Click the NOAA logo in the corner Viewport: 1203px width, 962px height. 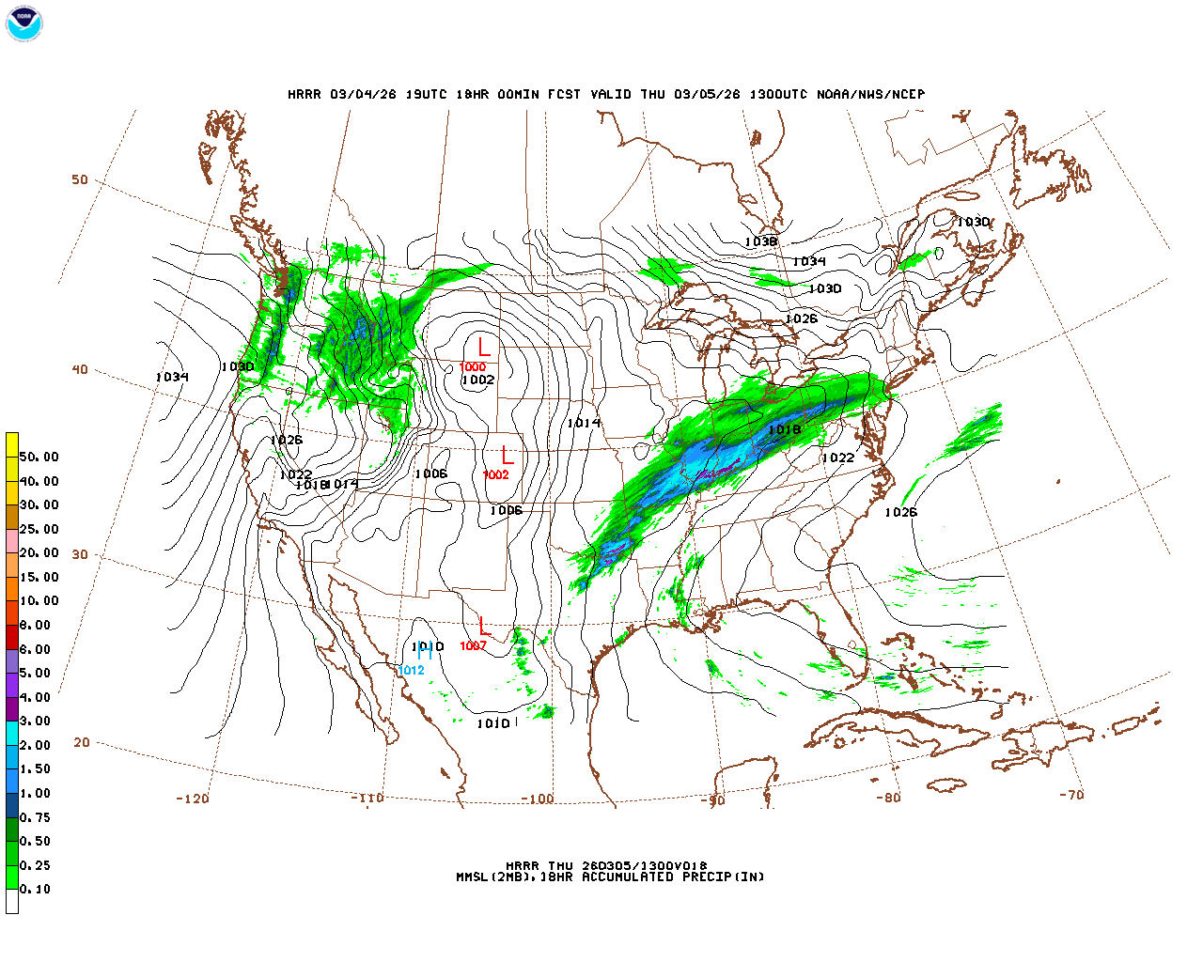(23, 23)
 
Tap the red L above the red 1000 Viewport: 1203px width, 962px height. (484, 348)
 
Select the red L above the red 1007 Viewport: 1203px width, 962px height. (485, 626)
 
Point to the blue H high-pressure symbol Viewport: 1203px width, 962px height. (425, 653)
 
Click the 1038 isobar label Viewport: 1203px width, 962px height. (760, 242)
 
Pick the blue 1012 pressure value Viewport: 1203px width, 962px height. (411, 671)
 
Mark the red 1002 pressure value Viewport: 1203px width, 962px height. (495, 475)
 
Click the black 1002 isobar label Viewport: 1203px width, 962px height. (477, 380)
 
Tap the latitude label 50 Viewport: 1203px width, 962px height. (80, 179)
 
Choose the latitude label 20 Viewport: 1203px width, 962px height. (82, 742)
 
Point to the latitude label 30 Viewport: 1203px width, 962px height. (80, 554)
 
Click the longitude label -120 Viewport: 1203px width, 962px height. (192, 799)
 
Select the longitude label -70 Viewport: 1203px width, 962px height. (1070, 795)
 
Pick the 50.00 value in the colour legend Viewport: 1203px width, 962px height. (39, 458)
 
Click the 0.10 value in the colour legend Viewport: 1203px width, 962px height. (36, 889)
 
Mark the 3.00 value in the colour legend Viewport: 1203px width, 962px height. (36, 721)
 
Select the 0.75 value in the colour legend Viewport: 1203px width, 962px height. (36, 817)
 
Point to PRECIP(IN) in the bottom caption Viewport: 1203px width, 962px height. (724, 877)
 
